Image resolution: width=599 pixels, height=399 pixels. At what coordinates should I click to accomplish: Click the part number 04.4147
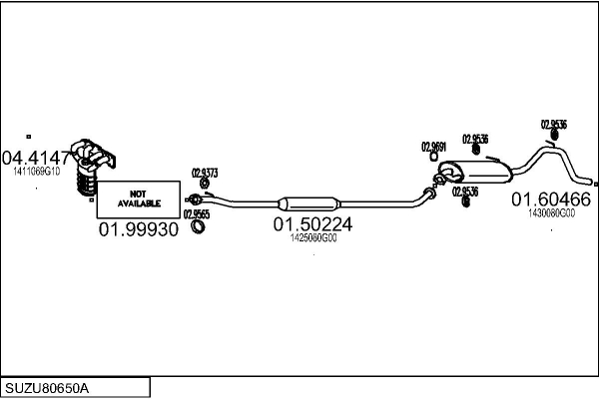click(37, 157)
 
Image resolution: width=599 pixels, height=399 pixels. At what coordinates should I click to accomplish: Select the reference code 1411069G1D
click(37, 172)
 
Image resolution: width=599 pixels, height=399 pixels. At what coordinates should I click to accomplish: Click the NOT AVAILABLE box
click(138, 199)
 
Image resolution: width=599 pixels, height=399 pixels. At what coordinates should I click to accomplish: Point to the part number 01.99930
click(138, 230)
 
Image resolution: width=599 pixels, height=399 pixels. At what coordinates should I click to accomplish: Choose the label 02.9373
click(205, 172)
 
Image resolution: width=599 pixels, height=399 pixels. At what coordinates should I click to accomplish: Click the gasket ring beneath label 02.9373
click(203, 185)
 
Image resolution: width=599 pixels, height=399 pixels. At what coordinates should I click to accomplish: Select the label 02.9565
click(197, 213)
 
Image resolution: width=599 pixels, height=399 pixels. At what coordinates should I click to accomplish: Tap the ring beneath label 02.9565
click(199, 227)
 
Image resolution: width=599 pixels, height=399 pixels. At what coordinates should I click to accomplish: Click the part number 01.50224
click(312, 225)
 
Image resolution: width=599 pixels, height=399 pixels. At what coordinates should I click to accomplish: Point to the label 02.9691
click(433, 147)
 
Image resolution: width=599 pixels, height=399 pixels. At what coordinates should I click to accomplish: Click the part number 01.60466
click(551, 199)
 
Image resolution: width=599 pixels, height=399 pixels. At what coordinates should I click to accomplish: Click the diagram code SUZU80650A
click(47, 387)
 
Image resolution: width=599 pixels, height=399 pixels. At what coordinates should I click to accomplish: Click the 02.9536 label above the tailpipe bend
click(554, 125)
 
